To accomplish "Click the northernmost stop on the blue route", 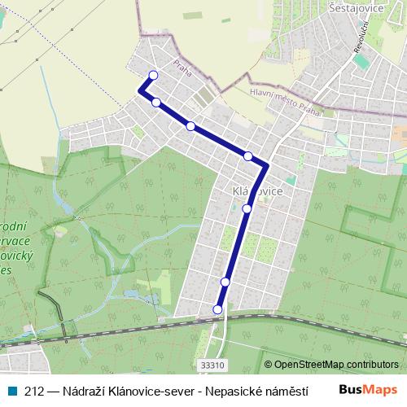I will [x=152, y=77].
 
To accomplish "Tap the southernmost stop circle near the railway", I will [x=217, y=309].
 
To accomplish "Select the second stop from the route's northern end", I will [x=156, y=103].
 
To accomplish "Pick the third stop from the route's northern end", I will [x=190, y=126].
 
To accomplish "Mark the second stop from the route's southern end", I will [x=225, y=282].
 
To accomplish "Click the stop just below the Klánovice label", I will [x=247, y=208].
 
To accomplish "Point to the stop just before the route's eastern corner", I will [x=248, y=155].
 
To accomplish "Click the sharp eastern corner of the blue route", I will [x=266, y=166].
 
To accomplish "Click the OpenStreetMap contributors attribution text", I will [x=336, y=365].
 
